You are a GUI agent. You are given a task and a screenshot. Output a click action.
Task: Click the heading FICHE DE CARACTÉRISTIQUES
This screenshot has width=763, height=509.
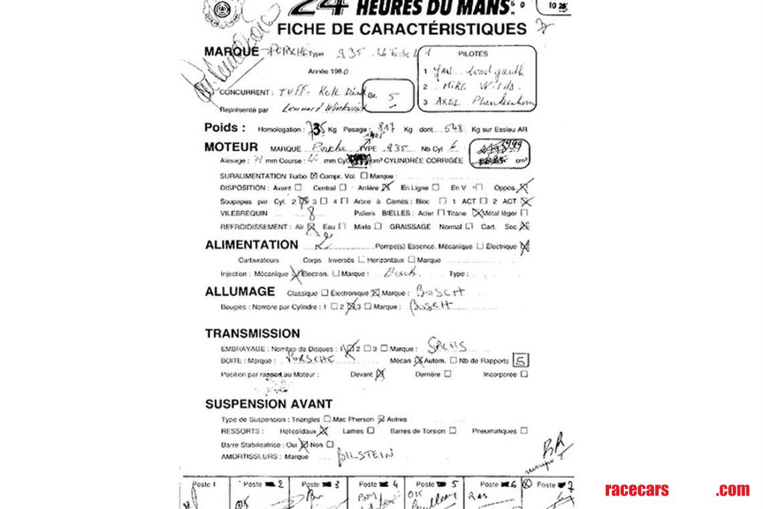402,29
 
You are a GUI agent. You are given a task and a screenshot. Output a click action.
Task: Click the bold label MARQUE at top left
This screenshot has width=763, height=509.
231,52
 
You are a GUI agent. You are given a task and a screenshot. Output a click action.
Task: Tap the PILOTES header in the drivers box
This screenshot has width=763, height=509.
473,54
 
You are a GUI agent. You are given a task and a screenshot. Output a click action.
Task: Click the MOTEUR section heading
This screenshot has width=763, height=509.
231,147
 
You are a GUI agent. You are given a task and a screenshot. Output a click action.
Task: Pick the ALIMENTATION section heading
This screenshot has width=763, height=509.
251,245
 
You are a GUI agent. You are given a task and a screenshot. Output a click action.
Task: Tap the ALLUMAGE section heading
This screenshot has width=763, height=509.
240,291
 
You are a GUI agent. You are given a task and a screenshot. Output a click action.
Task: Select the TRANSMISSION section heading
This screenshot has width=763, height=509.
252,334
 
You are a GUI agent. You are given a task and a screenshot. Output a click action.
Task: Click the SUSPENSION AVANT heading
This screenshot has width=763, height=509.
268,404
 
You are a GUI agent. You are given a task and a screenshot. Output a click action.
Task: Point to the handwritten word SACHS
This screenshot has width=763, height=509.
448,347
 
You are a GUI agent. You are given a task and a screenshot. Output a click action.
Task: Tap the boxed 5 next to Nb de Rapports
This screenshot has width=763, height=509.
520,361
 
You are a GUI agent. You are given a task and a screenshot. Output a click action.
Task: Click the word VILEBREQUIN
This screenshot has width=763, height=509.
244,213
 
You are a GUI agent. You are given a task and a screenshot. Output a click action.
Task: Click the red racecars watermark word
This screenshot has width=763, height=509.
636,490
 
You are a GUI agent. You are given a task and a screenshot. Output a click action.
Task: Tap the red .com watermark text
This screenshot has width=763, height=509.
732,490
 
